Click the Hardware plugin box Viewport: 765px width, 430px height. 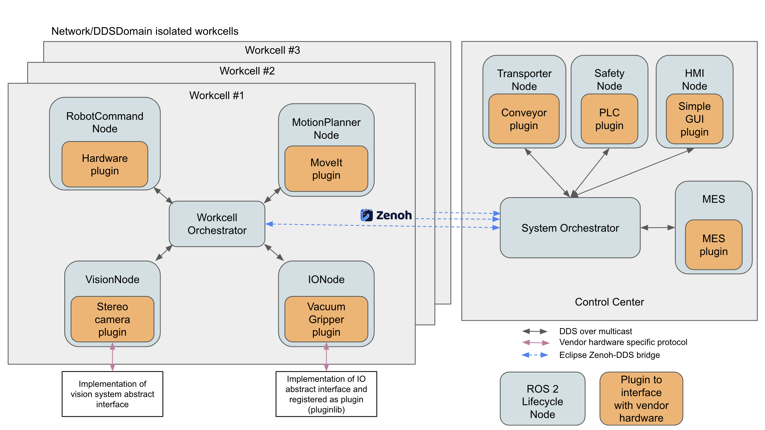pos(105,164)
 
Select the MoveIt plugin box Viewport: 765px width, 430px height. pos(326,169)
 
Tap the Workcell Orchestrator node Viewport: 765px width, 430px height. pos(217,224)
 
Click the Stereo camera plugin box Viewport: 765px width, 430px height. pos(112,319)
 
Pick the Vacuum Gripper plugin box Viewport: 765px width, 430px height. pos(326,319)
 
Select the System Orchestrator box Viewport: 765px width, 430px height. pos(570,228)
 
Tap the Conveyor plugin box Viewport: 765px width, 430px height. pos(524,119)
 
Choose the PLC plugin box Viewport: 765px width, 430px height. pos(609,119)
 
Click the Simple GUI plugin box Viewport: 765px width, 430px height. pos(694,119)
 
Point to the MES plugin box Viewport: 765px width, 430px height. pos(713,245)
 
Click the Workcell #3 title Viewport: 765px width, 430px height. pos(272,50)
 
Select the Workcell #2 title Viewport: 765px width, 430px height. pos(247,71)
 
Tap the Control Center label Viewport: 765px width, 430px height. pos(609,302)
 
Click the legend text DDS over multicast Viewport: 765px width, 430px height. pos(596,331)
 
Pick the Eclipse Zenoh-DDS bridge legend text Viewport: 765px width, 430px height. pos(609,355)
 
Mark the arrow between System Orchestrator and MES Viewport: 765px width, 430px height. pos(657,228)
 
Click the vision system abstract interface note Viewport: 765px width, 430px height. pos(112,394)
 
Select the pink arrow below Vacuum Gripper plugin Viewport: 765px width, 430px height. pos(326,357)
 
